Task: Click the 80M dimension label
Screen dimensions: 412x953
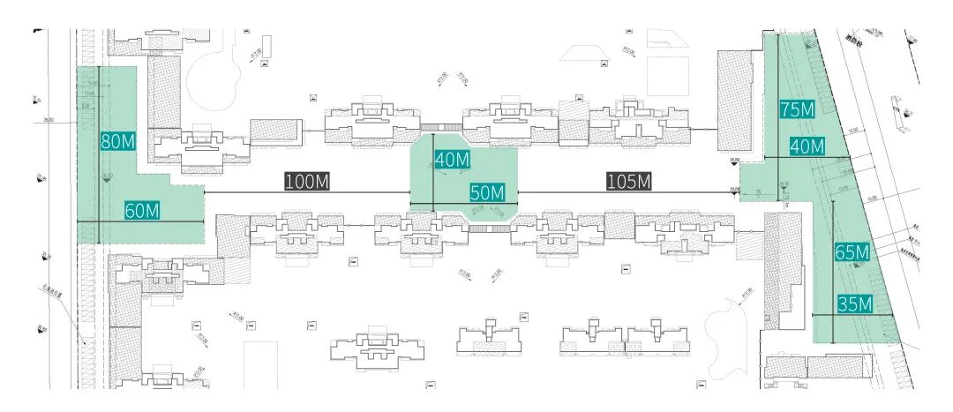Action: pos(117,141)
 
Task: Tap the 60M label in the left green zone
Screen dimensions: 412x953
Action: pos(141,210)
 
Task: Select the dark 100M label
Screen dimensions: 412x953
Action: pos(307,182)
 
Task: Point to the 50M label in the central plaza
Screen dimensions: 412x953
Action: pos(486,192)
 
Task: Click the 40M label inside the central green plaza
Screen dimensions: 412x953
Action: pos(453,160)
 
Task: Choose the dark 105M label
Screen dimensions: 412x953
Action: pos(629,182)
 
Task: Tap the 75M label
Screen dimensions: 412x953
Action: pos(797,109)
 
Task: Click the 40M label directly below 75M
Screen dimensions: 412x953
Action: pos(807,146)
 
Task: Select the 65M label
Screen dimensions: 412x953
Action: pos(852,251)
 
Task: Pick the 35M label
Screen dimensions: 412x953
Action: pos(854,303)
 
